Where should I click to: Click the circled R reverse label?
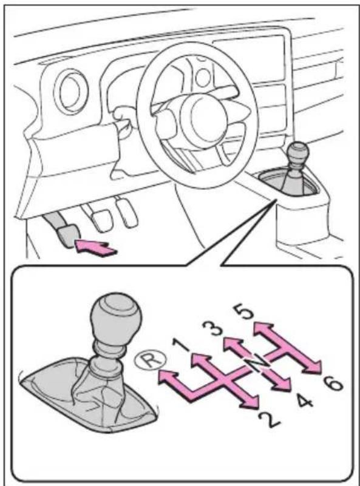(151, 360)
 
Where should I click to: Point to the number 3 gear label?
(212, 329)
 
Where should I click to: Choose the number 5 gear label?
(243, 312)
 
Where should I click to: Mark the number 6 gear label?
(332, 383)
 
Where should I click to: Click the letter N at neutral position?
(257, 363)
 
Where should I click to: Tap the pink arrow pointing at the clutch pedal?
(95, 248)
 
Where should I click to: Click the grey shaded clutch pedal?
(67, 235)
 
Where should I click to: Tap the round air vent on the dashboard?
(69, 91)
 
